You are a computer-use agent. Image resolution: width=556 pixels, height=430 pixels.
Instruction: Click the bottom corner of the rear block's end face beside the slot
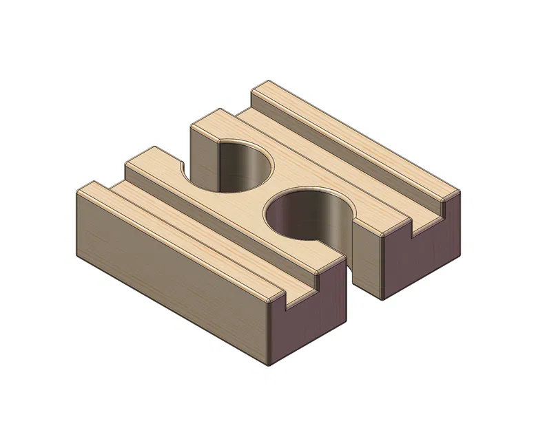coord(380,299)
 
